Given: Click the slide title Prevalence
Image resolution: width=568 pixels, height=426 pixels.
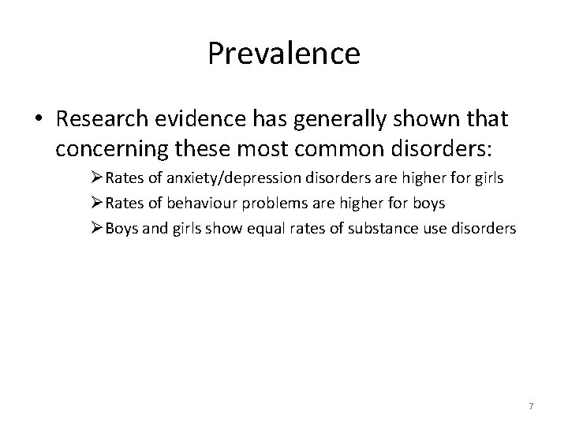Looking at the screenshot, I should click(x=284, y=54).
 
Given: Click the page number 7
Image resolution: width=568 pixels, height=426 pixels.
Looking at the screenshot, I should click(x=531, y=406).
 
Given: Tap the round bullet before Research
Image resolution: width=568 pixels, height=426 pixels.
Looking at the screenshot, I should click(x=39, y=120).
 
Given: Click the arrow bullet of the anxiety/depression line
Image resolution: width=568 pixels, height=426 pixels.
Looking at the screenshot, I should click(x=98, y=178).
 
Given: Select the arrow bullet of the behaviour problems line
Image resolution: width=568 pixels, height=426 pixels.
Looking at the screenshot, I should click(x=98, y=204).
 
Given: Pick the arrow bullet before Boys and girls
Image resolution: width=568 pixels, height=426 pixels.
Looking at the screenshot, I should click(x=98, y=229).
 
